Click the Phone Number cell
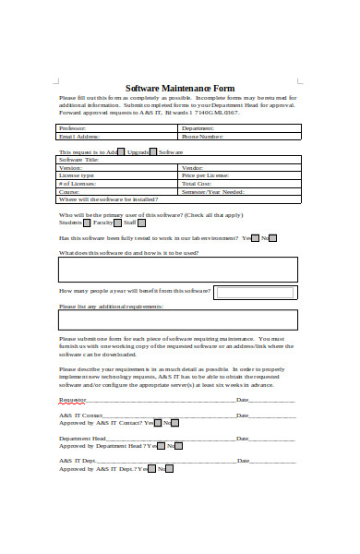pyautogui.click(x=239, y=136)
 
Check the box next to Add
pyautogui.click(x=122, y=151)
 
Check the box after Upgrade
pyautogui.click(x=153, y=151)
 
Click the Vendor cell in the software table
pyautogui.click(x=239, y=167)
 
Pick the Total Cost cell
pyautogui.click(x=239, y=183)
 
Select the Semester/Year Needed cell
pyautogui.click(x=239, y=191)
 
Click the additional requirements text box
pyautogui.click(x=177, y=319)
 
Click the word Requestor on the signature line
pyautogui.click(x=72, y=400)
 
